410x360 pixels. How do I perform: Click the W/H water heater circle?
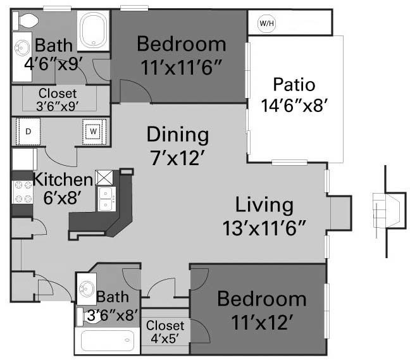[267, 23]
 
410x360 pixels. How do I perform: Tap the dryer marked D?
[28, 132]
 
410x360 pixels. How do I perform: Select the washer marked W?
[94, 132]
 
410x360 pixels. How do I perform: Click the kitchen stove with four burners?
[23, 192]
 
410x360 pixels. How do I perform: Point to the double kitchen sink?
[106, 199]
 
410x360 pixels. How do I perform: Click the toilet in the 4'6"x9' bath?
[25, 21]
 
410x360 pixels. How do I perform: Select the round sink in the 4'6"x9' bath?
[22, 48]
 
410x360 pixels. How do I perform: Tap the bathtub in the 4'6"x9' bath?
[94, 30]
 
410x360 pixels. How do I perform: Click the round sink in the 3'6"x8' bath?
[87, 289]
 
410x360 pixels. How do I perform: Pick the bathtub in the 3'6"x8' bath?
[108, 340]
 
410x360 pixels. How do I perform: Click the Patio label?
[294, 85]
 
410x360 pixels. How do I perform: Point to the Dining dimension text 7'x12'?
[177, 158]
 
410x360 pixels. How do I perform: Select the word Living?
[264, 205]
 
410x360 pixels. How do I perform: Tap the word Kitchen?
[63, 180]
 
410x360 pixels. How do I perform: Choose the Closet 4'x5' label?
[165, 332]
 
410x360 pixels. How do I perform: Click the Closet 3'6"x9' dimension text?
[58, 106]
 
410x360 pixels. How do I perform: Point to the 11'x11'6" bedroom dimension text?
[181, 68]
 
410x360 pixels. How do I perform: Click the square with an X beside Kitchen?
[104, 178]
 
